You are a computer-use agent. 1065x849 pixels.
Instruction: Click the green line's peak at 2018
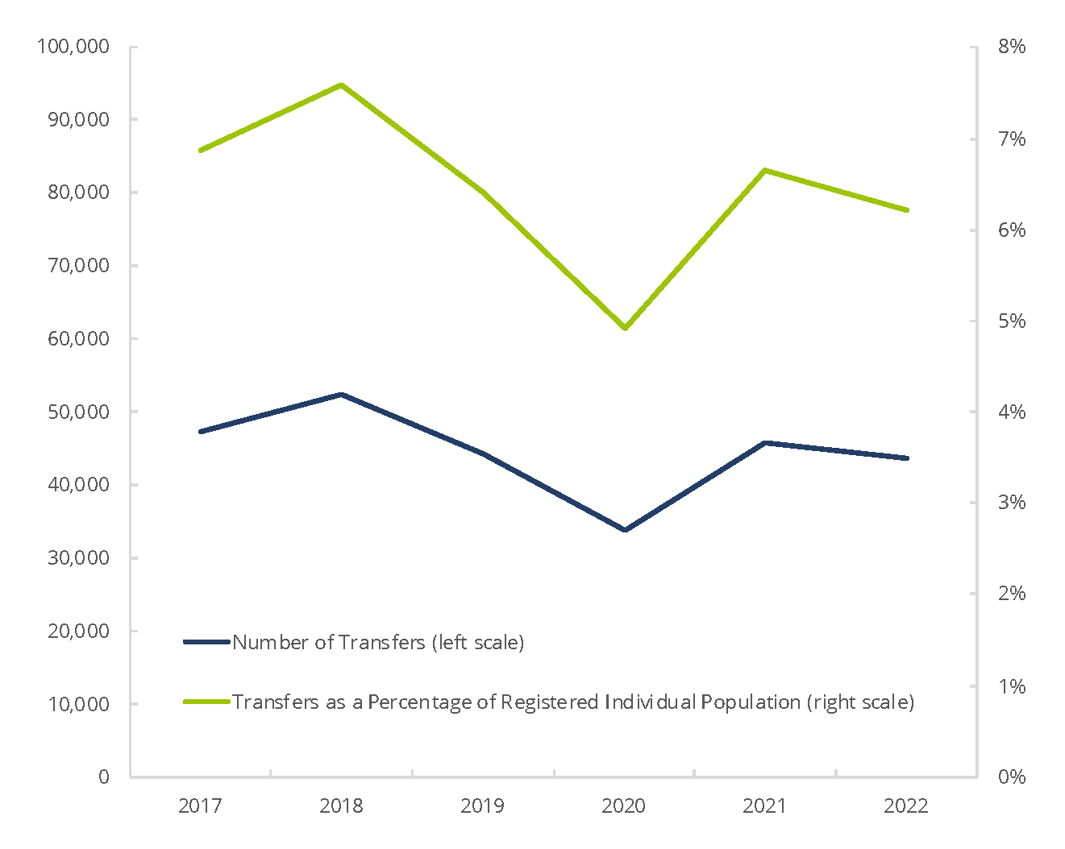point(341,85)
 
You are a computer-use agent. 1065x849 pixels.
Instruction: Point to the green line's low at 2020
point(625,328)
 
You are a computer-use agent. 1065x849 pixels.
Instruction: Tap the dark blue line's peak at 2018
point(341,394)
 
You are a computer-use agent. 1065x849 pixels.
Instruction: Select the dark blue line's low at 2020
point(625,530)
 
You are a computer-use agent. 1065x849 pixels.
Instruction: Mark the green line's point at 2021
point(764,170)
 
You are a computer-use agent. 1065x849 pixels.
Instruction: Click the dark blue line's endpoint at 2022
point(907,458)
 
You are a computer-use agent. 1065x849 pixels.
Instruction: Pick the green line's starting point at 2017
point(200,151)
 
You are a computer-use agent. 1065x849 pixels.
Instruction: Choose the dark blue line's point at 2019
point(483,453)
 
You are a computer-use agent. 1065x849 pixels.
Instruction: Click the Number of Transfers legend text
point(378,642)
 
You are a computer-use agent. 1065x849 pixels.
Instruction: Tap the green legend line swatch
point(207,702)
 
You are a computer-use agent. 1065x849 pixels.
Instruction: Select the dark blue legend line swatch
point(207,642)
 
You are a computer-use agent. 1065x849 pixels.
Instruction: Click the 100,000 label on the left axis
point(73,47)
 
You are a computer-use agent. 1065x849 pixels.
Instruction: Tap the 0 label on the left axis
point(103,777)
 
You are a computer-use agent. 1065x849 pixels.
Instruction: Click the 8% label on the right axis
point(1012,47)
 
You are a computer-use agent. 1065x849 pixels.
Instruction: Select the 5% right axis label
point(1012,321)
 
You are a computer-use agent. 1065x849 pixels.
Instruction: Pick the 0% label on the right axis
point(1012,777)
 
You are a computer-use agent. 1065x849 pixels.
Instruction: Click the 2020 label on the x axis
point(623,806)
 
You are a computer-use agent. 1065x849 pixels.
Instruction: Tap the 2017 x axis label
point(200,806)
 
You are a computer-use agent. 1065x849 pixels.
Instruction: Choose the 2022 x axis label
point(906,806)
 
